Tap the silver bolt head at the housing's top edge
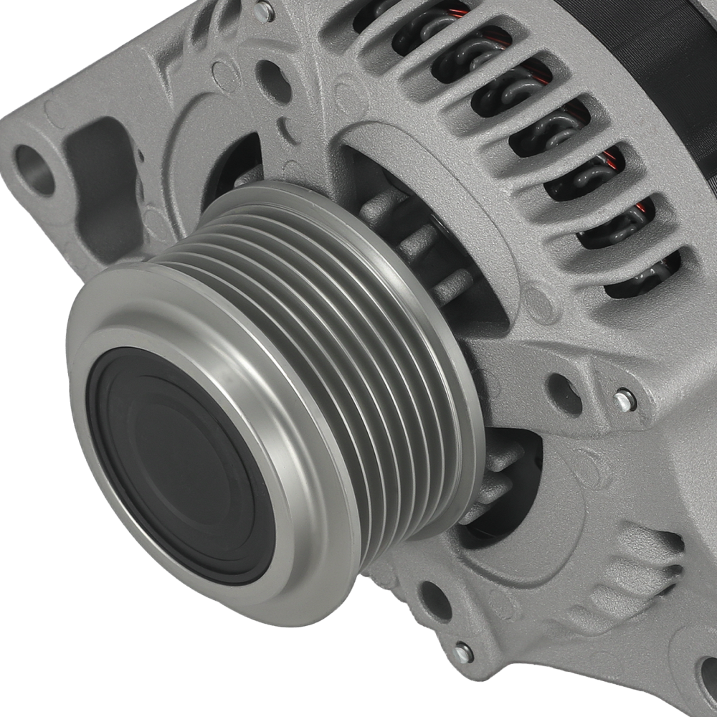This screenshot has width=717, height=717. [264, 10]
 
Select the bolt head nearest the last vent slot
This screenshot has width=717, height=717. [625, 400]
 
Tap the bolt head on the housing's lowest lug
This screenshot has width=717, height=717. [463, 652]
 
